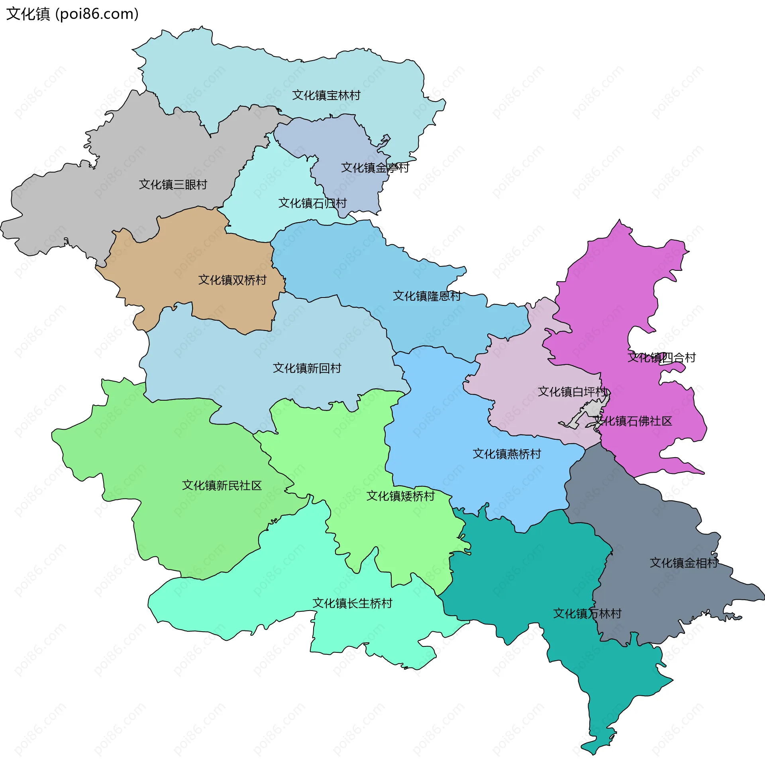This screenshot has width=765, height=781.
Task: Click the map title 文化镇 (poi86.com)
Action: pos(73,14)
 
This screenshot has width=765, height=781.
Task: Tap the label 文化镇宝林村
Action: pos(326,96)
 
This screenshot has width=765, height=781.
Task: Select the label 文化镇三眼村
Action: pos(173,185)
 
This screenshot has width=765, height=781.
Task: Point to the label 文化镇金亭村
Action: pos(375,168)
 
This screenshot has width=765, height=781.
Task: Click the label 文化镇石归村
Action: pos(312,203)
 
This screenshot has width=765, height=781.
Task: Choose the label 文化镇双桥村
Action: pos(232,280)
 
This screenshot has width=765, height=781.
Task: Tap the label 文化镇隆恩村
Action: pos(427,296)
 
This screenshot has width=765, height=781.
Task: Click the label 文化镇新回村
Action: pos(307,368)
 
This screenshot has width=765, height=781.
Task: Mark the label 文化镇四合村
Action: pos(661,358)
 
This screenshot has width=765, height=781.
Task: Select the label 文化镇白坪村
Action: pos(572,392)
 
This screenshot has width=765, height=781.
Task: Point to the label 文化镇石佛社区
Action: pos(633,421)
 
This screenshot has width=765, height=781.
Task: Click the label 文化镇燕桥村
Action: pos(507,454)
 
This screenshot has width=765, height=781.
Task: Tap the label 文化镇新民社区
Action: pos(222,485)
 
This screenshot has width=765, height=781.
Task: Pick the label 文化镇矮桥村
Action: pos(400,496)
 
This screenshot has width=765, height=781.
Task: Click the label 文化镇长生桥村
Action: pos(352,603)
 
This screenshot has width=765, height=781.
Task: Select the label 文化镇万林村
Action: pos(587,614)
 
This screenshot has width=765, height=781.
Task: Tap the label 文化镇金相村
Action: pos(683,563)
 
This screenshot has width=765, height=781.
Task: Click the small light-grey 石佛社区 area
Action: pos(595,410)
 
